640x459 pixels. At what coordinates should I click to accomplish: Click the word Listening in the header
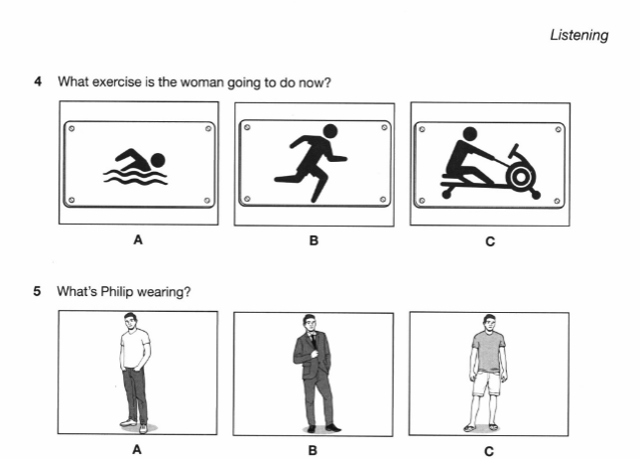[x=579, y=35]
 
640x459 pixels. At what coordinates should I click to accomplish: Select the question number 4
[x=38, y=81]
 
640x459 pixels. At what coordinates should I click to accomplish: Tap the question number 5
[x=37, y=291]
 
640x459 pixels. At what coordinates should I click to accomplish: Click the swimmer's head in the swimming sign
[x=158, y=160]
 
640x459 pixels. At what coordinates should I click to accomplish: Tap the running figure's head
[x=330, y=132]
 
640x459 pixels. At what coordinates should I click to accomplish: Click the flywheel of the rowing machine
[x=520, y=177]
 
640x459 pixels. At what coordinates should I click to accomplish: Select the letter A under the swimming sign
[x=138, y=239]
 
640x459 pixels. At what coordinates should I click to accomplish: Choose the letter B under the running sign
[x=314, y=240]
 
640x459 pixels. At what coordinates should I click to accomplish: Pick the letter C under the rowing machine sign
[x=490, y=241]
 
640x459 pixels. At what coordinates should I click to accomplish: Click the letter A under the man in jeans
[x=137, y=450]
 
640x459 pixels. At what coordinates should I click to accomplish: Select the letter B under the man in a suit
[x=313, y=450]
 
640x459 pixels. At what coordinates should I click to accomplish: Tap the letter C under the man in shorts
[x=489, y=451]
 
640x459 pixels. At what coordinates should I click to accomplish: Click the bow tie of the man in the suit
[x=313, y=335]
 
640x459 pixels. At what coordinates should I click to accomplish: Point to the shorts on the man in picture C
[x=486, y=382]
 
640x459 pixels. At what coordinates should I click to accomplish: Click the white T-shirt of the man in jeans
[x=134, y=349]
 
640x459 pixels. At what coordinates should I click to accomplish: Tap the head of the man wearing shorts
[x=489, y=322]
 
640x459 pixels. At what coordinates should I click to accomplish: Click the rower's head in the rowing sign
[x=470, y=133]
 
